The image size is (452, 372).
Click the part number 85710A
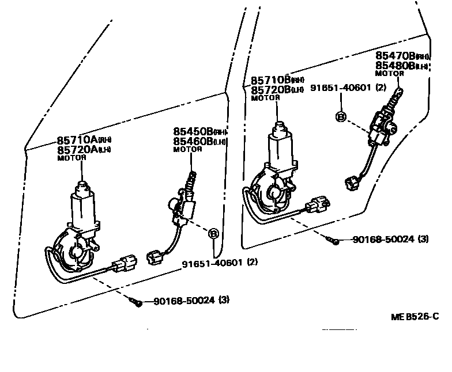click(x=77, y=140)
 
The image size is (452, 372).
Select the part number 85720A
click(x=77, y=150)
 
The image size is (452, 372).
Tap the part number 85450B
click(x=189, y=131)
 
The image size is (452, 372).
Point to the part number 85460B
click(x=189, y=141)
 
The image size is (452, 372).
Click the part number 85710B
click(x=270, y=80)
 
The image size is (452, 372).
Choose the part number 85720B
click(x=270, y=90)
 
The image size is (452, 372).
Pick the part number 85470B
click(x=395, y=56)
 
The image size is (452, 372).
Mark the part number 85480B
click(x=395, y=66)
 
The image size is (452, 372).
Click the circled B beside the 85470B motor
click(x=340, y=117)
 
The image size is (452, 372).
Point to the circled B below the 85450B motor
click(x=213, y=234)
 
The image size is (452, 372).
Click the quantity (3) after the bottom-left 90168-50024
click(x=224, y=300)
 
